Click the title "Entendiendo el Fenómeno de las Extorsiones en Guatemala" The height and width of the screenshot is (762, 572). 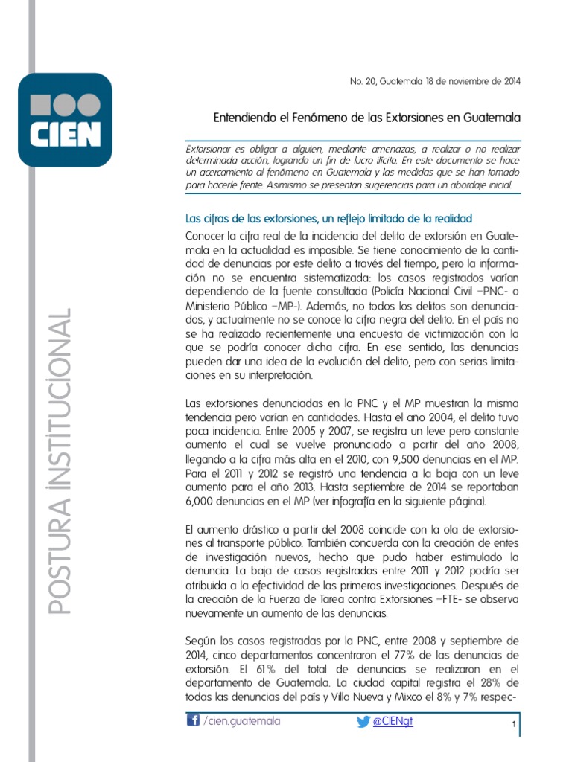tap(367, 118)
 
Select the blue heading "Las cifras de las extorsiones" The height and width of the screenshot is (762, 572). tap(328, 218)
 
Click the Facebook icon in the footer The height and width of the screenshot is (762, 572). tap(192, 720)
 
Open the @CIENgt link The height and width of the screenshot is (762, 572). tap(394, 721)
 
